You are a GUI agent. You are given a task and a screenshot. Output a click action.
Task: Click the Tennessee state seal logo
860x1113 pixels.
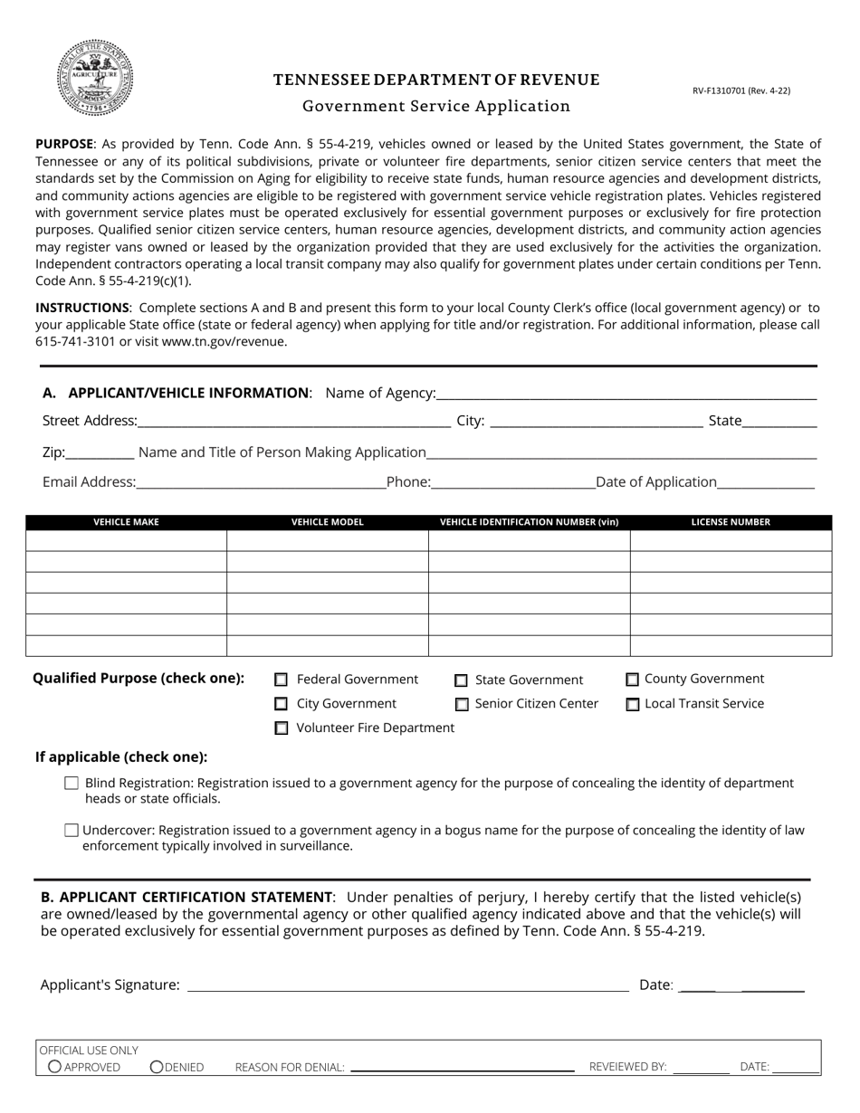95,78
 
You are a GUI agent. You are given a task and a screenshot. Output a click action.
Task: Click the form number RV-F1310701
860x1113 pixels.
741,90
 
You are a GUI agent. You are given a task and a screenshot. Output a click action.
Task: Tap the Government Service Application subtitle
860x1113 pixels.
436,106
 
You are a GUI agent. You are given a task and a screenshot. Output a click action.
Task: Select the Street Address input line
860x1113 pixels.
294,420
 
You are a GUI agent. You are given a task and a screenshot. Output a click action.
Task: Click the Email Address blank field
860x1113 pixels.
261,481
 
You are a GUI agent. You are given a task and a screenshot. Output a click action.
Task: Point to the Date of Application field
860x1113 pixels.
766,481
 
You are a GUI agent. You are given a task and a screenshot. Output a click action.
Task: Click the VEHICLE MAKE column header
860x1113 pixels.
126,522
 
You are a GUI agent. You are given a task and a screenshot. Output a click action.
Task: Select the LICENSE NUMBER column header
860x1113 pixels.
731,522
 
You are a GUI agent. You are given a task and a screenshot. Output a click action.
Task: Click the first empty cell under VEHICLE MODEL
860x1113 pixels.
327,540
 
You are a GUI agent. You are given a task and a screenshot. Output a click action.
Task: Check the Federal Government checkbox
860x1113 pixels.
282,680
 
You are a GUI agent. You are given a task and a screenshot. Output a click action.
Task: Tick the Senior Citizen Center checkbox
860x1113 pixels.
462,704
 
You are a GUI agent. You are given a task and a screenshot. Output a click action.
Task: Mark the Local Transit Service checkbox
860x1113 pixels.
633,704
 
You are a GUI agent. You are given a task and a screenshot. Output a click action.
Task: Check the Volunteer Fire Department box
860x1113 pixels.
282,728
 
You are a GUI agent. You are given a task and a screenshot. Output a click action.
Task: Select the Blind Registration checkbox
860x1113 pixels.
72,784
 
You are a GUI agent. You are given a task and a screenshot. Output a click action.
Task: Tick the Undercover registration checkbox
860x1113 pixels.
72,830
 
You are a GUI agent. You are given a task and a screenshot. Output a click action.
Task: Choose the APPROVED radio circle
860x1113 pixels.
55,1067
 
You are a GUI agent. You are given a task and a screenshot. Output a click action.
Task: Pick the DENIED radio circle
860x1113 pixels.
157,1067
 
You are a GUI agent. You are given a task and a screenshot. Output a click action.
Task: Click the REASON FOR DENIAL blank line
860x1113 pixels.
462,1067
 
